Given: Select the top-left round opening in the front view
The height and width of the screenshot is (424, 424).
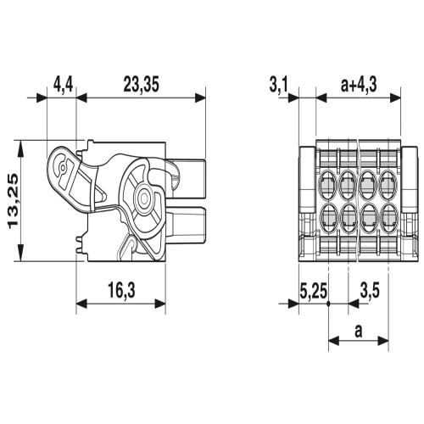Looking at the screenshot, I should (x=327, y=181).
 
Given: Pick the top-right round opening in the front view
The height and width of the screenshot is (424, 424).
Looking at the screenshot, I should (x=388, y=181).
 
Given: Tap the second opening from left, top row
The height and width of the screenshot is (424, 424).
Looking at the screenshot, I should (x=348, y=181).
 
